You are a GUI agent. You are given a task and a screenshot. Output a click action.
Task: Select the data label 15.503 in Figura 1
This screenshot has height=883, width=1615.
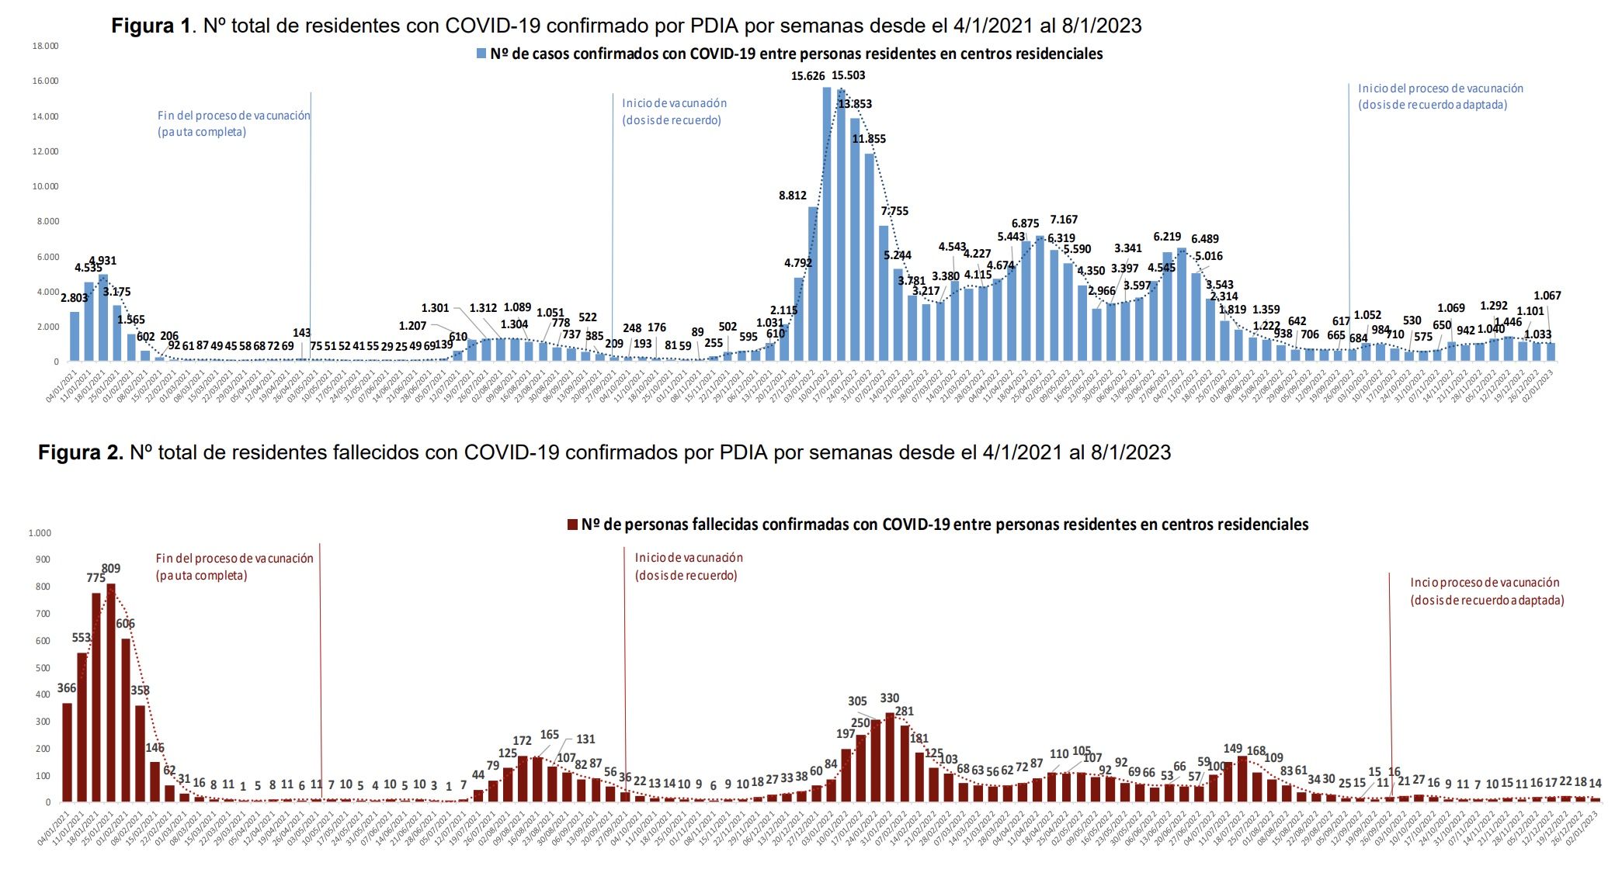click(x=848, y=75)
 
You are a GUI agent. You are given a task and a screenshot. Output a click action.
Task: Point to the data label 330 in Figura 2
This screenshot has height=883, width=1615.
click(x=889, y=698)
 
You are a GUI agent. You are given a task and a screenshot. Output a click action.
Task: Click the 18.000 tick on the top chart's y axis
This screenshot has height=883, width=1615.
click(x=45, y=46)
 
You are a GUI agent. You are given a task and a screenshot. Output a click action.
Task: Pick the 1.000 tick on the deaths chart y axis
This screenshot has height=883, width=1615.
click(x=40, y=533)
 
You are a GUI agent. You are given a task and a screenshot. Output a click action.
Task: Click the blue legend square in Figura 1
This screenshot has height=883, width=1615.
click(x=481, y=54)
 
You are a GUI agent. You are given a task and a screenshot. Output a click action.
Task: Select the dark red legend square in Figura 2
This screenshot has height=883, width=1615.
click(x=573, y=525)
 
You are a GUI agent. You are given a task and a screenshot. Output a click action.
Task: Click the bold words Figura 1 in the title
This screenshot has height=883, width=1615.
click(x=151, y=26)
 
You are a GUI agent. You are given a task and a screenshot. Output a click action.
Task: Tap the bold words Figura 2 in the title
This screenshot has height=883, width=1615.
click(x=81, y=452)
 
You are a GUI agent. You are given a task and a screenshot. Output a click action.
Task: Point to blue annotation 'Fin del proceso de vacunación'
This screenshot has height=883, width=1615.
click(x=233, y=123)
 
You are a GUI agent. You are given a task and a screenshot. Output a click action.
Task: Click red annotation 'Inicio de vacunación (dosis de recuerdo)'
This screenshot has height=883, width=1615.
click(x=688, y=566)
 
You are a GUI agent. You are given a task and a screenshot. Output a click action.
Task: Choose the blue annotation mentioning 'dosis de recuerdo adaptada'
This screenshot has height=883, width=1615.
click(x=1440, y=96)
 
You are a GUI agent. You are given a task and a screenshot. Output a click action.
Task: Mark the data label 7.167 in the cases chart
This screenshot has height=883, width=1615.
click(x=1064, y=220)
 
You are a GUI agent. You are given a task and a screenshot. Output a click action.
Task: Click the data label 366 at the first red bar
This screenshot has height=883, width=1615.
click(x=67, y=688)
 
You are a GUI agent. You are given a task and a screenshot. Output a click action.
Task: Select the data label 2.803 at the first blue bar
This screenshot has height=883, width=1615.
click(x=75, y=298)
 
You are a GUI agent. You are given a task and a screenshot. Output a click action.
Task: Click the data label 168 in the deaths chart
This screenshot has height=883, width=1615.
click(x=1256, y=751)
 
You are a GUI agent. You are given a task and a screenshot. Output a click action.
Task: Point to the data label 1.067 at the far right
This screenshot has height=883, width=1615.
click(x=1547, y=296)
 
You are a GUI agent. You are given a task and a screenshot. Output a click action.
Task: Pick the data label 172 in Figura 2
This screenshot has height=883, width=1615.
click(x=522, y=741)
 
